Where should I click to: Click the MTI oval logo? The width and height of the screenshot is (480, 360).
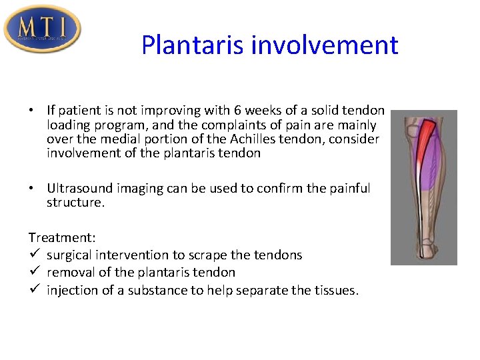[43, 29]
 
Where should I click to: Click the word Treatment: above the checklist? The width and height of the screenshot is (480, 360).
[59, 237]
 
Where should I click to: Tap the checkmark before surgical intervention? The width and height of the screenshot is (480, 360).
[33, 255]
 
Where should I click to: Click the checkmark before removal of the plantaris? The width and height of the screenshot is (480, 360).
[33, 272]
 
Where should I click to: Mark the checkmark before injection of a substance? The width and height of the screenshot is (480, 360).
[33, 289]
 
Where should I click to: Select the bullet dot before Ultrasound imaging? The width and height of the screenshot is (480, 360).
[32, 189]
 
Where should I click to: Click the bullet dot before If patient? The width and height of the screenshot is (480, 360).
[32, 111]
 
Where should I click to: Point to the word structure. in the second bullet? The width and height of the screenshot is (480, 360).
[75, 203]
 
